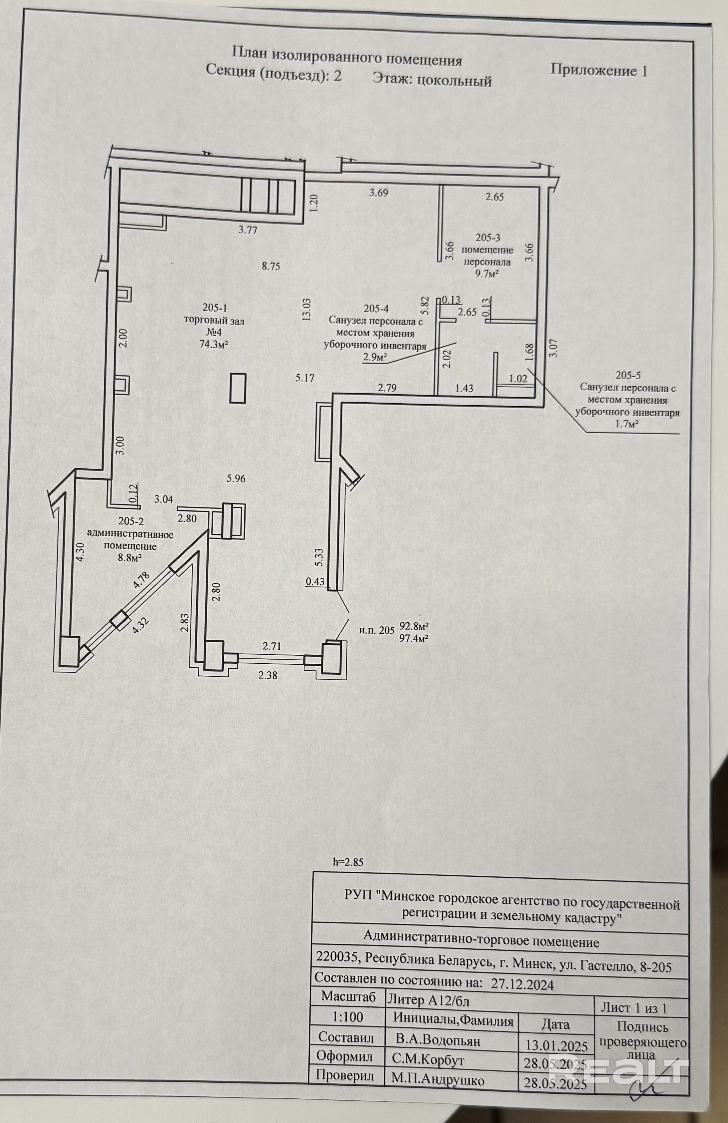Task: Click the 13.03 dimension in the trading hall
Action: point(307,309)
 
